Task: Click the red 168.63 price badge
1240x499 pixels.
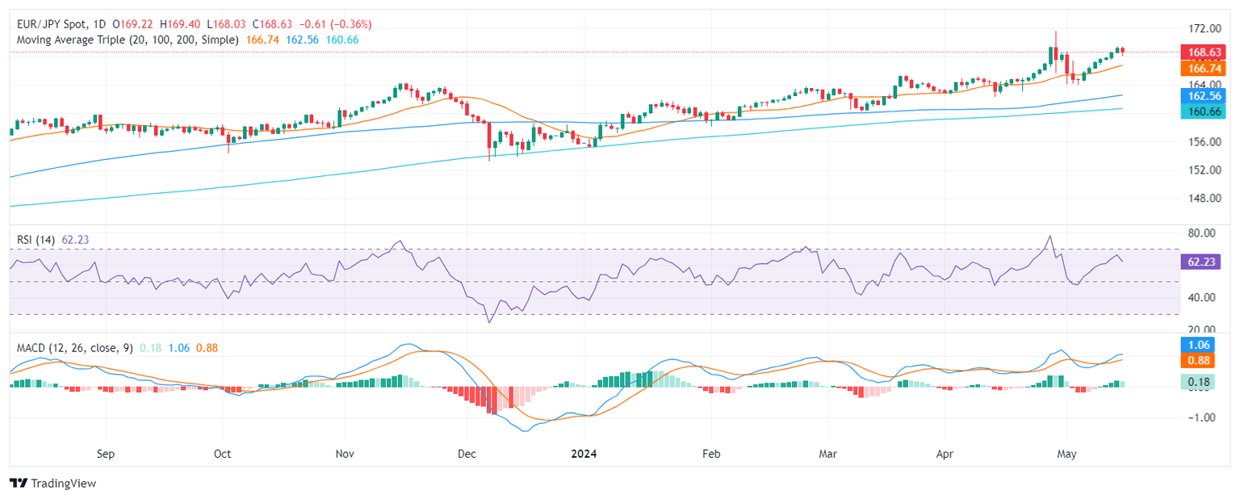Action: click(x=1204, y=52)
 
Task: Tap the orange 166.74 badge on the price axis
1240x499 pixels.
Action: click(x=1204, y=69)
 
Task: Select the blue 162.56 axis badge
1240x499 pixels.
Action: click(x=1204, y=95)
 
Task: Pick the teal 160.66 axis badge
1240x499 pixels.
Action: click(x=1204, y=109)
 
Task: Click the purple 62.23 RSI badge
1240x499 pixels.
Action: click(x=1204, y=262)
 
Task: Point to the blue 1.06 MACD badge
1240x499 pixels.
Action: click(x=1204, y=343)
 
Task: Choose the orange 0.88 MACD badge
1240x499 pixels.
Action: click(x=1204, y=360)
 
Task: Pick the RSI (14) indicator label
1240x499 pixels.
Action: click(x=36, y=240)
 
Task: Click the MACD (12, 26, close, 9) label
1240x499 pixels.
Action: click(x=75, y=348)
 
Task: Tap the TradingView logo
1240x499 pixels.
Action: click(x=53, y=483)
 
